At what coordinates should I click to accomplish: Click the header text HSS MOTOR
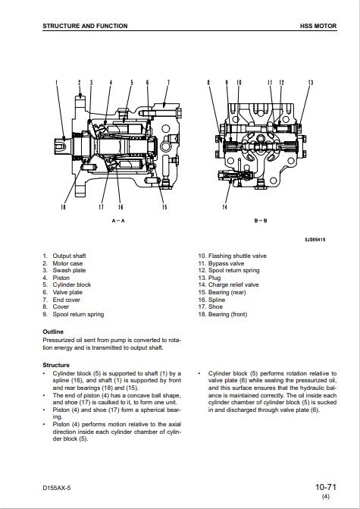(318, 26)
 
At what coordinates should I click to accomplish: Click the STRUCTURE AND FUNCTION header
(85, 26)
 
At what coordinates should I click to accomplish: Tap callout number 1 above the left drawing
(56, 83)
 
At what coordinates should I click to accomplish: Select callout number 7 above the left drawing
(168, 83)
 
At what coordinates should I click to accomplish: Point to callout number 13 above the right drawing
(311, 83)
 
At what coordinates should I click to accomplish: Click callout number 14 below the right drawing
(225, 207)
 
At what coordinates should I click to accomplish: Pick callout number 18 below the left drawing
(63, 207)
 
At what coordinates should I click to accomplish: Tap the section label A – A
(118, 221)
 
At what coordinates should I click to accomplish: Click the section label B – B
(261, 221)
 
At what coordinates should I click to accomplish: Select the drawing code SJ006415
(315, 240)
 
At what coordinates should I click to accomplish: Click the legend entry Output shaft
(69, 256)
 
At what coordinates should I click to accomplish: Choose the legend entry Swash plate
(69, 270)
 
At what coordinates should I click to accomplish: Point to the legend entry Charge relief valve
(233, 284)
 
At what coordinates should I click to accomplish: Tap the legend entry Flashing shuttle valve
(237, 256)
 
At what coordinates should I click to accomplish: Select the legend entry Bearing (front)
(227, 314)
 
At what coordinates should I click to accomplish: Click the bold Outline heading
(53, 331)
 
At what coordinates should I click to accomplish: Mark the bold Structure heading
(56, 365)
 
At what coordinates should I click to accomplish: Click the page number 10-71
(326, 487)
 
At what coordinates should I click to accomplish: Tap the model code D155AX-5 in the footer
(56, 488)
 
